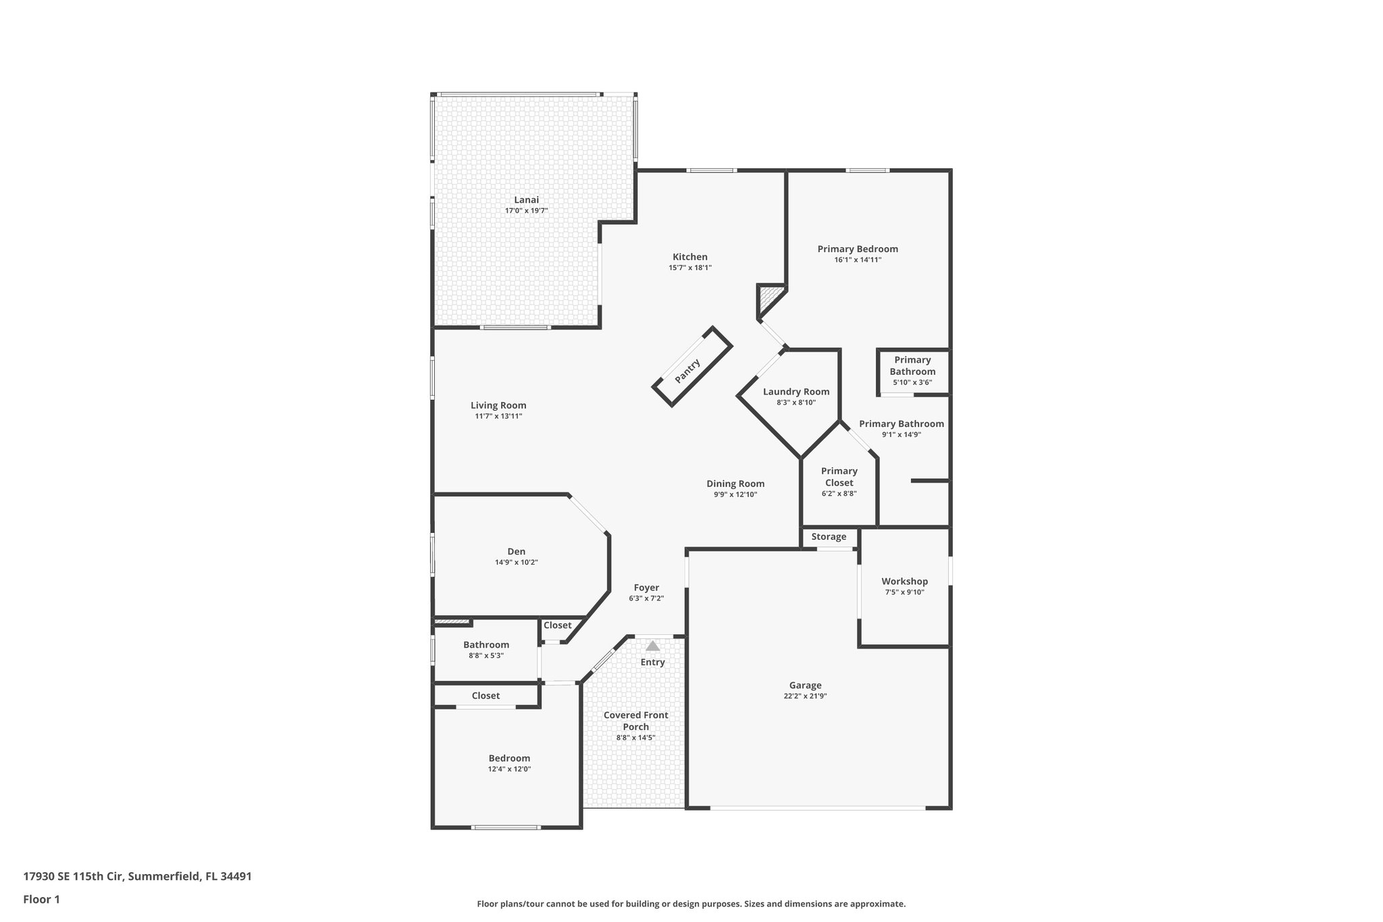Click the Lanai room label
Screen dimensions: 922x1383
click(x=526, y=200)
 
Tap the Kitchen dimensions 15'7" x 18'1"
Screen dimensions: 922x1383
click(x=689, y=268)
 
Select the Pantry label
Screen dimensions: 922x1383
click(x=687, y=371)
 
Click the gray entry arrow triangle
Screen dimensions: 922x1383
click(x=652, y=646)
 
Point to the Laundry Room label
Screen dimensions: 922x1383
click(x=796, y=392)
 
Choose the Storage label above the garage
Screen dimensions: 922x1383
click(x=829, y=537)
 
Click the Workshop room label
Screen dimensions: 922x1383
click(x=904, y=582)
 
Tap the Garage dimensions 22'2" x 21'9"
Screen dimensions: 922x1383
click(x=805, y=696)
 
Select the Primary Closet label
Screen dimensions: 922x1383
click(x=839, y=477)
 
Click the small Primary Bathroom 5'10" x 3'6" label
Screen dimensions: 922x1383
click(x=912, y=366)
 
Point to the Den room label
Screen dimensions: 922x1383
click(x=516, y=552)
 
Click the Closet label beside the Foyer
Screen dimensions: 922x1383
click(x=557, y=625)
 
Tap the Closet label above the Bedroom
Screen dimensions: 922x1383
click(x=486, y=696)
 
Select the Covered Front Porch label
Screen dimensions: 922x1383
click(x=635, y=721)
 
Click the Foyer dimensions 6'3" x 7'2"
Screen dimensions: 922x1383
click(x=646, y=598)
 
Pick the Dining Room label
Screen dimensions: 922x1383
click(x=735, y=484)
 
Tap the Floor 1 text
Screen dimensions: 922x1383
click(x=41, y=899)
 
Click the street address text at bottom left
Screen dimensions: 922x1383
click(x=137, y=876)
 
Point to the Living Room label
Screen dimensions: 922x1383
click(x=498, y=406)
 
